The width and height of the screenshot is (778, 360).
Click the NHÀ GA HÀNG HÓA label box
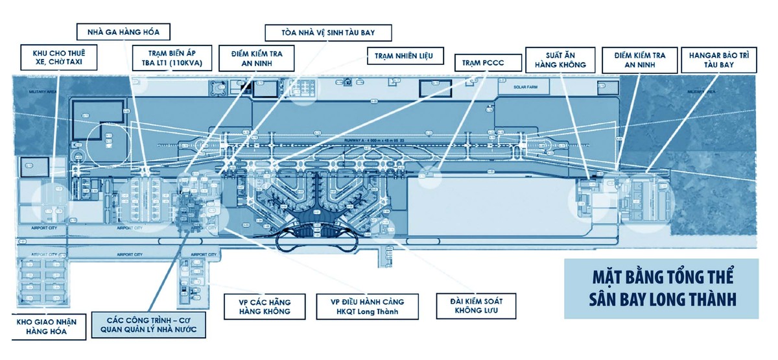click(123, 31)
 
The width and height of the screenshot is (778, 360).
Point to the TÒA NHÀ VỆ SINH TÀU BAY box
click(327, 32)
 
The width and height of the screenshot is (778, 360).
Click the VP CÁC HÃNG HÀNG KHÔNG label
click(265, 307)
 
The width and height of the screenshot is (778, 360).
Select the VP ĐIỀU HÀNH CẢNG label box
click(367, 307)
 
